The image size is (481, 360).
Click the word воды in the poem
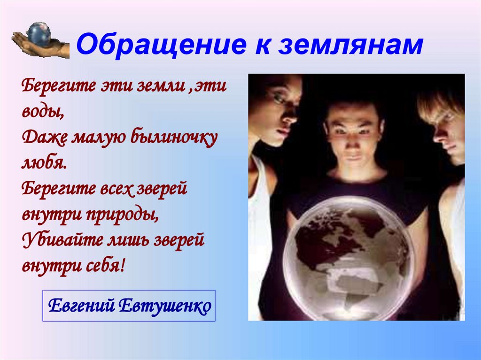click(x=40, y=112)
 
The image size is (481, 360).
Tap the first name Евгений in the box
click(x=81, y=306)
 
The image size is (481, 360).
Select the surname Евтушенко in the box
click(x=164, y=306)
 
